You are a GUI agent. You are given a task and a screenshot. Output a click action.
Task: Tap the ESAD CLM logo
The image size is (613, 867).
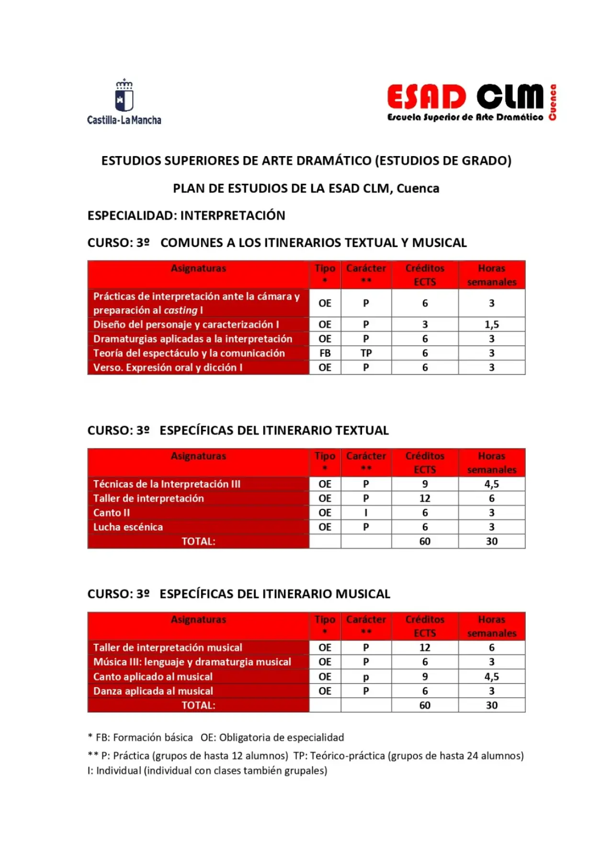(471, 102)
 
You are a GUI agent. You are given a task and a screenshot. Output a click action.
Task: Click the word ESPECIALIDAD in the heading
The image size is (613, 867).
(132, 215)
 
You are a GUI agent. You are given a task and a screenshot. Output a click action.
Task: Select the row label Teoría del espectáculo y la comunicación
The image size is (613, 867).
(189, 353)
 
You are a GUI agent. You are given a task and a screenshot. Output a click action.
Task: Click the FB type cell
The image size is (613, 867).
(325, 353)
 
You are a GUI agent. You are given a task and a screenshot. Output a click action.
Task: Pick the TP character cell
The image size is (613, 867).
(366, 353)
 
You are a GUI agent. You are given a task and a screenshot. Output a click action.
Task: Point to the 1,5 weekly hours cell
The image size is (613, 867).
(491, 325)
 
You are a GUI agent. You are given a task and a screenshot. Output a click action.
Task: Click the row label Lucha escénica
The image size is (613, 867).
(128, 527)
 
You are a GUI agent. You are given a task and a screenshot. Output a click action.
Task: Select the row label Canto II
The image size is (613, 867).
(112, 513)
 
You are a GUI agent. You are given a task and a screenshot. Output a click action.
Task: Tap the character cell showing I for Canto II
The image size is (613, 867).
(366, 513)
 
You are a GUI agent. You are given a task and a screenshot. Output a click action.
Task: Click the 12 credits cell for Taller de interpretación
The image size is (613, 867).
(425, 498)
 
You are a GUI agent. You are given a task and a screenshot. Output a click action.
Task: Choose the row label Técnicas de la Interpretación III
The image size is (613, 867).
(167, 484)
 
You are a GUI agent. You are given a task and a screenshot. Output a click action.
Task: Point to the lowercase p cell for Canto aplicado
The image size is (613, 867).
(366, 677)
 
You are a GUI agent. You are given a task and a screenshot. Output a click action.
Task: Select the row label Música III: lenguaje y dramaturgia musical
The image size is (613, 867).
(192, 662)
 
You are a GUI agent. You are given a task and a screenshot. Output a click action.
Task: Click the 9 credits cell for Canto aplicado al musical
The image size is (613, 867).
(425, 676)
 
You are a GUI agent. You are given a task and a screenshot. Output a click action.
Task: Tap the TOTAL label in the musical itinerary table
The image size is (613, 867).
(198, 705)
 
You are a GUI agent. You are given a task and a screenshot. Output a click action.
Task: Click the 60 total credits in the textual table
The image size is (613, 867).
(425, 541)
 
